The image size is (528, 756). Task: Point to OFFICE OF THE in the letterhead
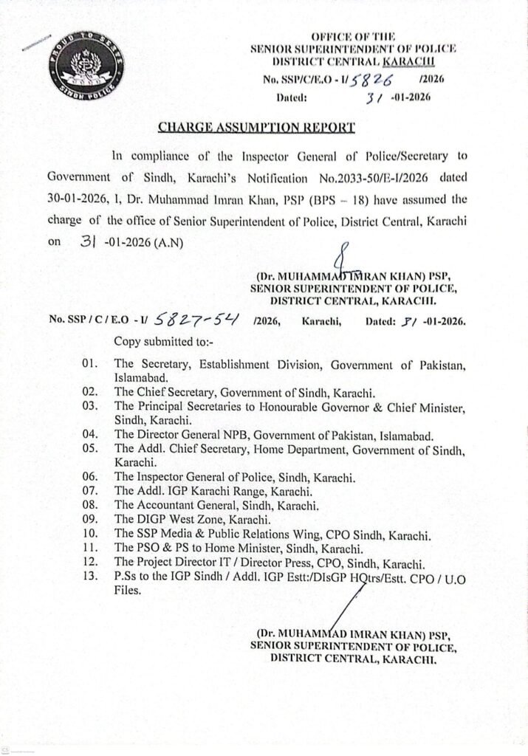click(354, 36)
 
